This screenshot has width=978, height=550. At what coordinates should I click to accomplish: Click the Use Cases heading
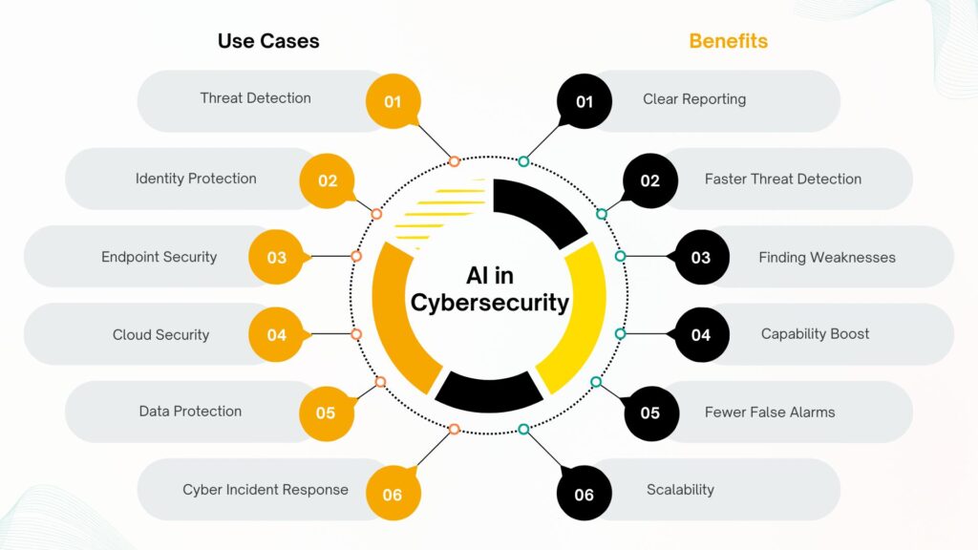(x=268, y=41)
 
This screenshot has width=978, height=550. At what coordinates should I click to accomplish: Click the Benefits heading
(x=728, y=41)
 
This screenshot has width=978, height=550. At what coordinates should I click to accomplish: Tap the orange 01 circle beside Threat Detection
(x=393, y=101)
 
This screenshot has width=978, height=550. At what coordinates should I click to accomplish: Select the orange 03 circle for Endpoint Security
(x=276, y=257)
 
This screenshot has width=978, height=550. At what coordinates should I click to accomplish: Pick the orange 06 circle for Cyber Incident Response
(x=393, y=494)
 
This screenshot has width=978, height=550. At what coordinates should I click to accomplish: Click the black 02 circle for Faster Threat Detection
(x=650, y=180)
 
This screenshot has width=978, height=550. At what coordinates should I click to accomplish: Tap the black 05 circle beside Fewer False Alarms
(x=650, y=412)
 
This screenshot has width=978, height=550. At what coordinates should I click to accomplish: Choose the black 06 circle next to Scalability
(x=585, y=494)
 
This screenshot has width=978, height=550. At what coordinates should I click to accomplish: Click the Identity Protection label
(x=196, y=179)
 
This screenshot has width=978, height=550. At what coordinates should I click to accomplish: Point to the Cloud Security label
(x=160, y=334)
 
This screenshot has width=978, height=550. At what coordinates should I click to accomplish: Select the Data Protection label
(x=190, y=412)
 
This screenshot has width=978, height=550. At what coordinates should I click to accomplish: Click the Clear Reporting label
(x=694, y=98)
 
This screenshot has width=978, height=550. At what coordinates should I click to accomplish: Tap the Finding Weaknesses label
(x=827, y=257)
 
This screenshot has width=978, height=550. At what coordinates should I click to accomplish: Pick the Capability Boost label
(x=815, y=334)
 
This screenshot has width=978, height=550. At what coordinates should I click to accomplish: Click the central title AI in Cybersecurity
(x=489, y=289)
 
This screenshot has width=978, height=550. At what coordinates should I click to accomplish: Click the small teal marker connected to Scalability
(x=523, y=430)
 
